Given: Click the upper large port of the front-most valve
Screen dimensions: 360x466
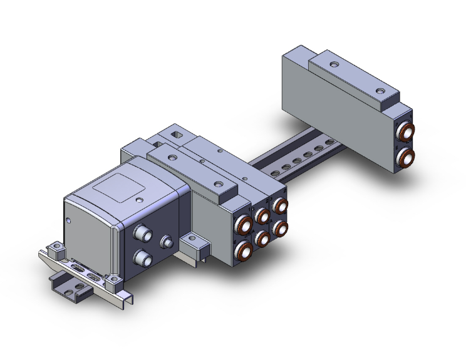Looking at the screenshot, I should click(x=243, y=225).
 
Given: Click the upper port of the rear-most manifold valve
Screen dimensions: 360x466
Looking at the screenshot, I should click(x=280, y=205).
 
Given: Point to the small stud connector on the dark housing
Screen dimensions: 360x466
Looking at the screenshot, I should click(x=167, y=242).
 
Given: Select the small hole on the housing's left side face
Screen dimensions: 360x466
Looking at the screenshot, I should click(x=68, y=220).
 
